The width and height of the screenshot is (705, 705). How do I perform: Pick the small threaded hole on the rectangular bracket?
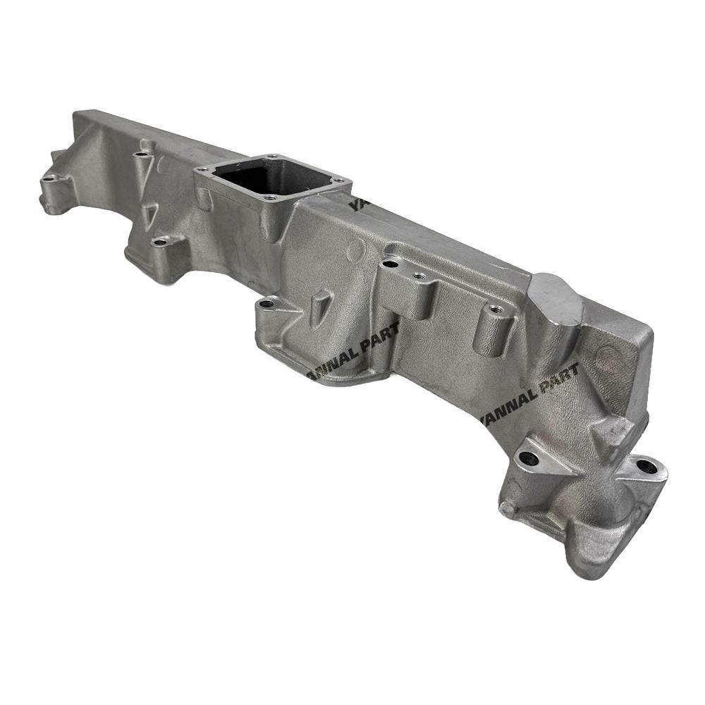(x=417, y=276)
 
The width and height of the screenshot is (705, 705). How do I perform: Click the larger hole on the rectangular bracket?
(x=389, y=265)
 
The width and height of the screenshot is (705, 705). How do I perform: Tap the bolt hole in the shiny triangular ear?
(x=528, y=458)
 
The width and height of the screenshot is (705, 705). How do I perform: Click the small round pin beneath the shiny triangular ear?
(x=504, y=507)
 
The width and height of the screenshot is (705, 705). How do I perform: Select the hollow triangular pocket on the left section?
(x=150, y=214)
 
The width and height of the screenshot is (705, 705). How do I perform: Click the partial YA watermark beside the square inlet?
(x=355, y=205)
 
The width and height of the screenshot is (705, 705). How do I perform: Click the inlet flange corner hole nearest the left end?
(x=203, y=169)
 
